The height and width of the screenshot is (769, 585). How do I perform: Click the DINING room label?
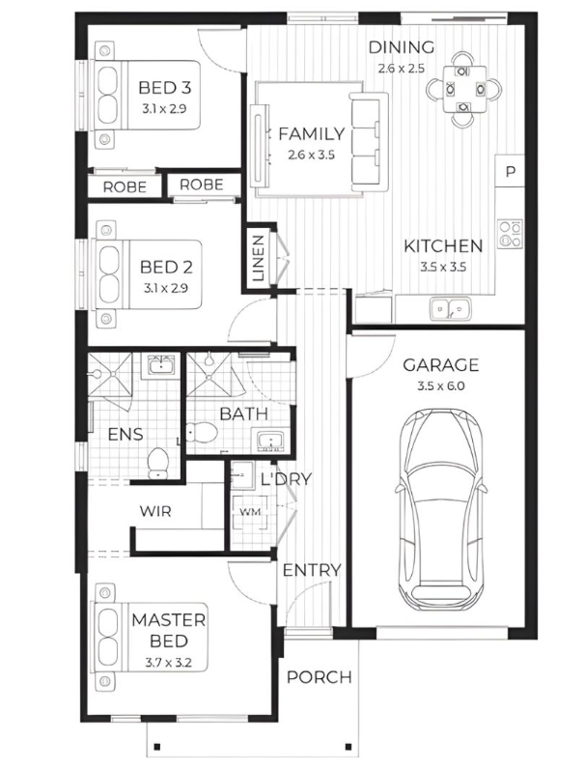[x=402, y=47]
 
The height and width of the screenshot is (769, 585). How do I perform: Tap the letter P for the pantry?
[x=511, y=172]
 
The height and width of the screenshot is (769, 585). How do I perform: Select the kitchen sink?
[x=450, y=309]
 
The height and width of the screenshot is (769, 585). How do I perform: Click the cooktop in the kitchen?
[x=510, y=234]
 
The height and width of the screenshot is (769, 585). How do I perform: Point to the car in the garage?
[x=440, y=508]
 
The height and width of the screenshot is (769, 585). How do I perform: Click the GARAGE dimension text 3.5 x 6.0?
[x=441, y=386]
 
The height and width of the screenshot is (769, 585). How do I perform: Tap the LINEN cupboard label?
[x=258, y=258]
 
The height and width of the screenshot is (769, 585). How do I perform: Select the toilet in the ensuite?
[x=158, y=463]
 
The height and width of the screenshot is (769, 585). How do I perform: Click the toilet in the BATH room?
[x=202, y=433]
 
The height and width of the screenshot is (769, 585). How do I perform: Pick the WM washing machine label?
[x=250, y=512]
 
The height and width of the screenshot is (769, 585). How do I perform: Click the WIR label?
[x=155, y=511]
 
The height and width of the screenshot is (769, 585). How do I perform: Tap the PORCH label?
[x=319, y=677]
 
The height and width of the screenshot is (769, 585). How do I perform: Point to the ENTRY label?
[x=312, y=570]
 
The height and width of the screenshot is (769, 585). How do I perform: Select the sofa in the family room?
[x=369, y=139]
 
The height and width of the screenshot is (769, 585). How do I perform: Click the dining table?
[x=464, y=90]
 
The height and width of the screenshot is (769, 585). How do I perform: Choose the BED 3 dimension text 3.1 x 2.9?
[x=164, y=108]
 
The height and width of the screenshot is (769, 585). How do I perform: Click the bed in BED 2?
[x=147, y=274]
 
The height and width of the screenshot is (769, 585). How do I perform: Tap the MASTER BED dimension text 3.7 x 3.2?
[x=168, y=663]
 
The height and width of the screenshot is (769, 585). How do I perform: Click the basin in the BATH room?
[x=270, y=440]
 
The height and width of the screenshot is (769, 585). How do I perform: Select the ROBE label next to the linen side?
[x=202, y=185]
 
